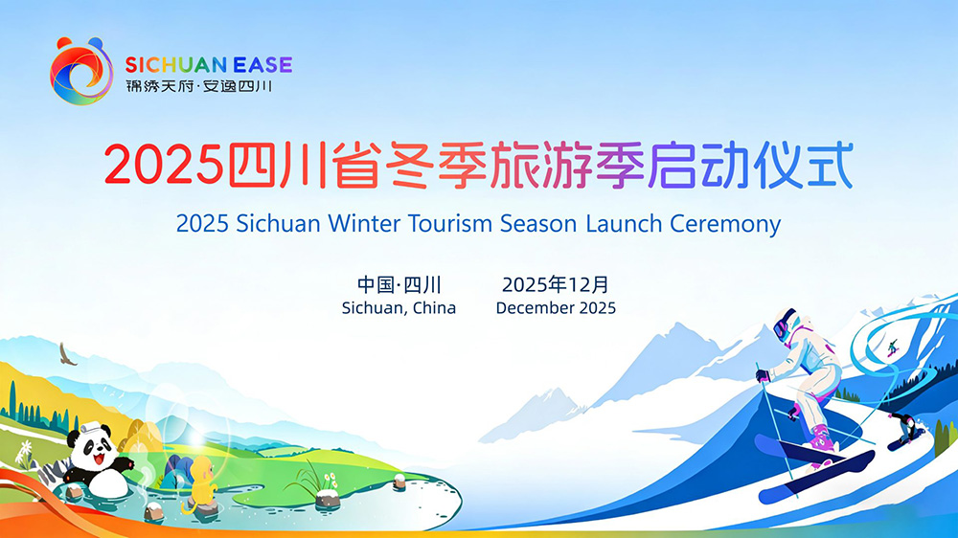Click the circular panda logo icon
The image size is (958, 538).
point(81,71)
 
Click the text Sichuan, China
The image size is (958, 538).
point(399,308)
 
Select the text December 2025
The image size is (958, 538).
point(556,308)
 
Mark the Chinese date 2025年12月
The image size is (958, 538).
point(556,284)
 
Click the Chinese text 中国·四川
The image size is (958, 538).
point(399,284)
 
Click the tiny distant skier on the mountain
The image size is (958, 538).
point(893,347)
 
